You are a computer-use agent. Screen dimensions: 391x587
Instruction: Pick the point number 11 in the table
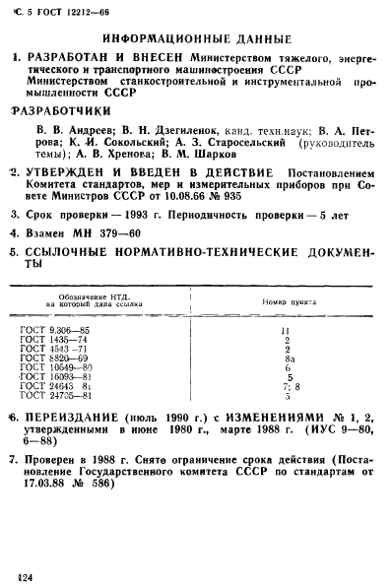pos(286,330)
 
